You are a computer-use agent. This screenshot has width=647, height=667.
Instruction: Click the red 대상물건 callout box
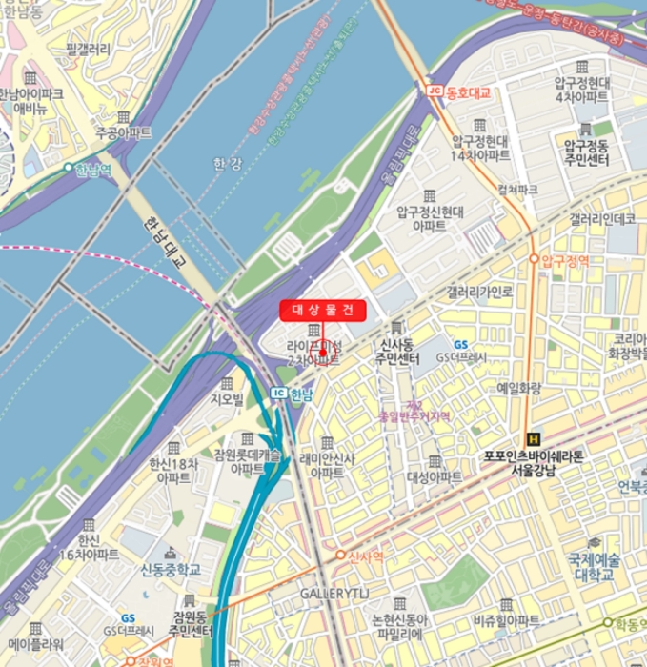pyautogui.click(x=322, y=310)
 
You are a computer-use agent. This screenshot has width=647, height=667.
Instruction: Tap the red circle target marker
pyautogui.click(x=324, y=353)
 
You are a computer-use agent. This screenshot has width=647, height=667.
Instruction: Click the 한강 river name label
pyautogui.click(x=228, y=164)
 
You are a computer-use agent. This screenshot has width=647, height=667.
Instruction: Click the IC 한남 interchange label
pyautogui.click(x=292, y=393)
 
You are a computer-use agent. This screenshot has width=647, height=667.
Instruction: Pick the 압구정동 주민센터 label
pyautogui.click(x=590, y=153)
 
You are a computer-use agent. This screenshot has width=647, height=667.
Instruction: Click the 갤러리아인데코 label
pyautogui.click(x=602, y=219)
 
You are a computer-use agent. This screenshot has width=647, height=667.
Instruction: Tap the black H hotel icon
pyautogui.click(x=533, y=439)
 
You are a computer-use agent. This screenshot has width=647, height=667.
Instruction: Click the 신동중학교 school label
pyautogui.click(x=172, y=570)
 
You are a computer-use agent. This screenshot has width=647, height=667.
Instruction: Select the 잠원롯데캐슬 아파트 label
pyautogui.click(x=247, y=462)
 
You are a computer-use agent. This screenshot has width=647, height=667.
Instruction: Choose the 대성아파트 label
pyautogui.click(x=435, y=476)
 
